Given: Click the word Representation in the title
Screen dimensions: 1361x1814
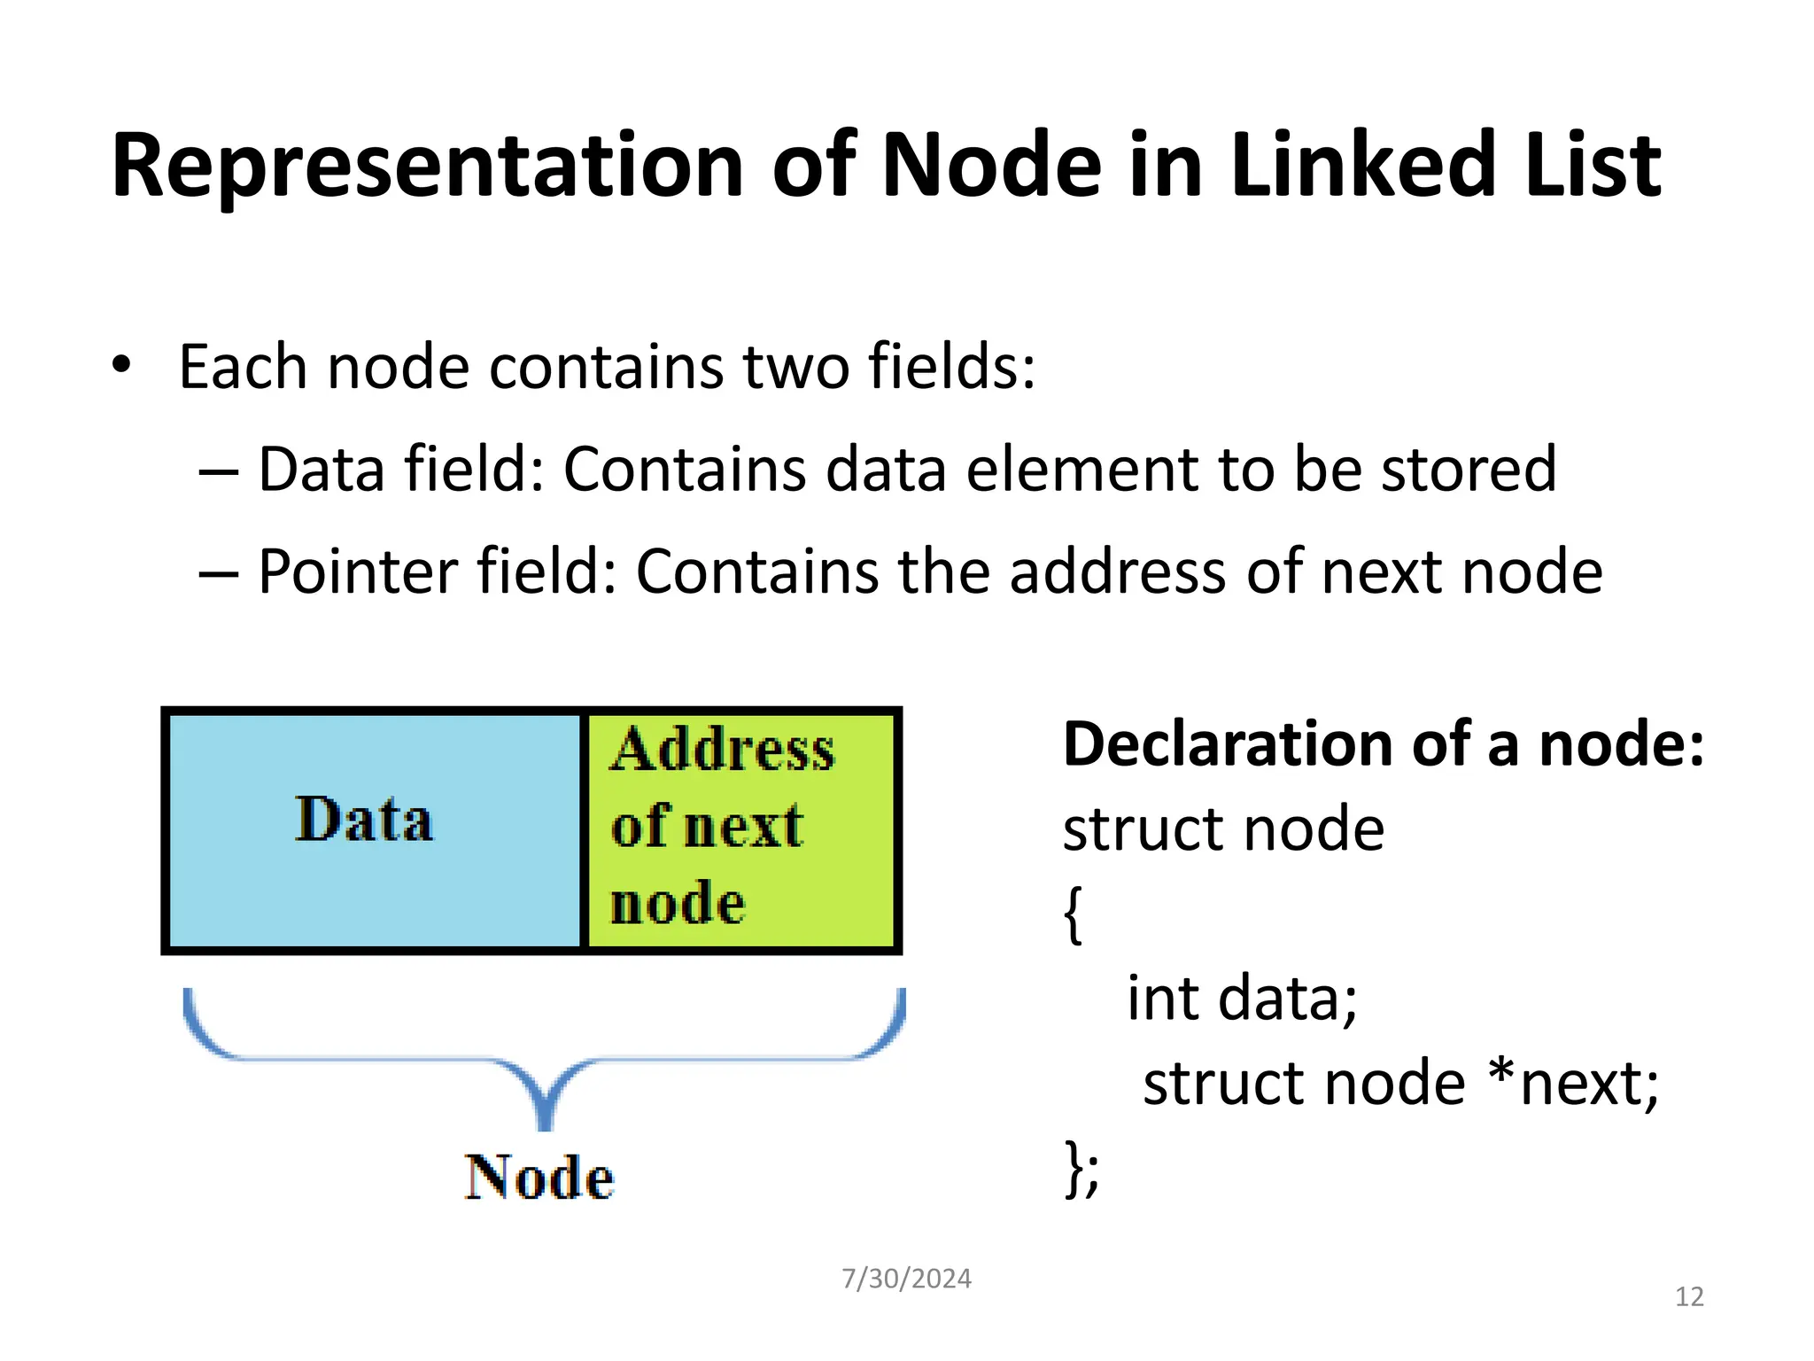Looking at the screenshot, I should coord(427,166).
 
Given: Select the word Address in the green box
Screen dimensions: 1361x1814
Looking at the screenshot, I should coord(722,750).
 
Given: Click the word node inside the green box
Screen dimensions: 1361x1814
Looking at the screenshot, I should coord(678,904).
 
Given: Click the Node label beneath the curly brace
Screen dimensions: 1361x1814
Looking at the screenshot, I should coord(539,1178).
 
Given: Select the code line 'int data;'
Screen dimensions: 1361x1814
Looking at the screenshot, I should coord(1241,999).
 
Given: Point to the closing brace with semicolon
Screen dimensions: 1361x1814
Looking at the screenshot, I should coord(1081,1169).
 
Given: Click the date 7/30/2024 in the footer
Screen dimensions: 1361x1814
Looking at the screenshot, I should coord(905,1279).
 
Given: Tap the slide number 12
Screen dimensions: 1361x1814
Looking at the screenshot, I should coord(1689,1297).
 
